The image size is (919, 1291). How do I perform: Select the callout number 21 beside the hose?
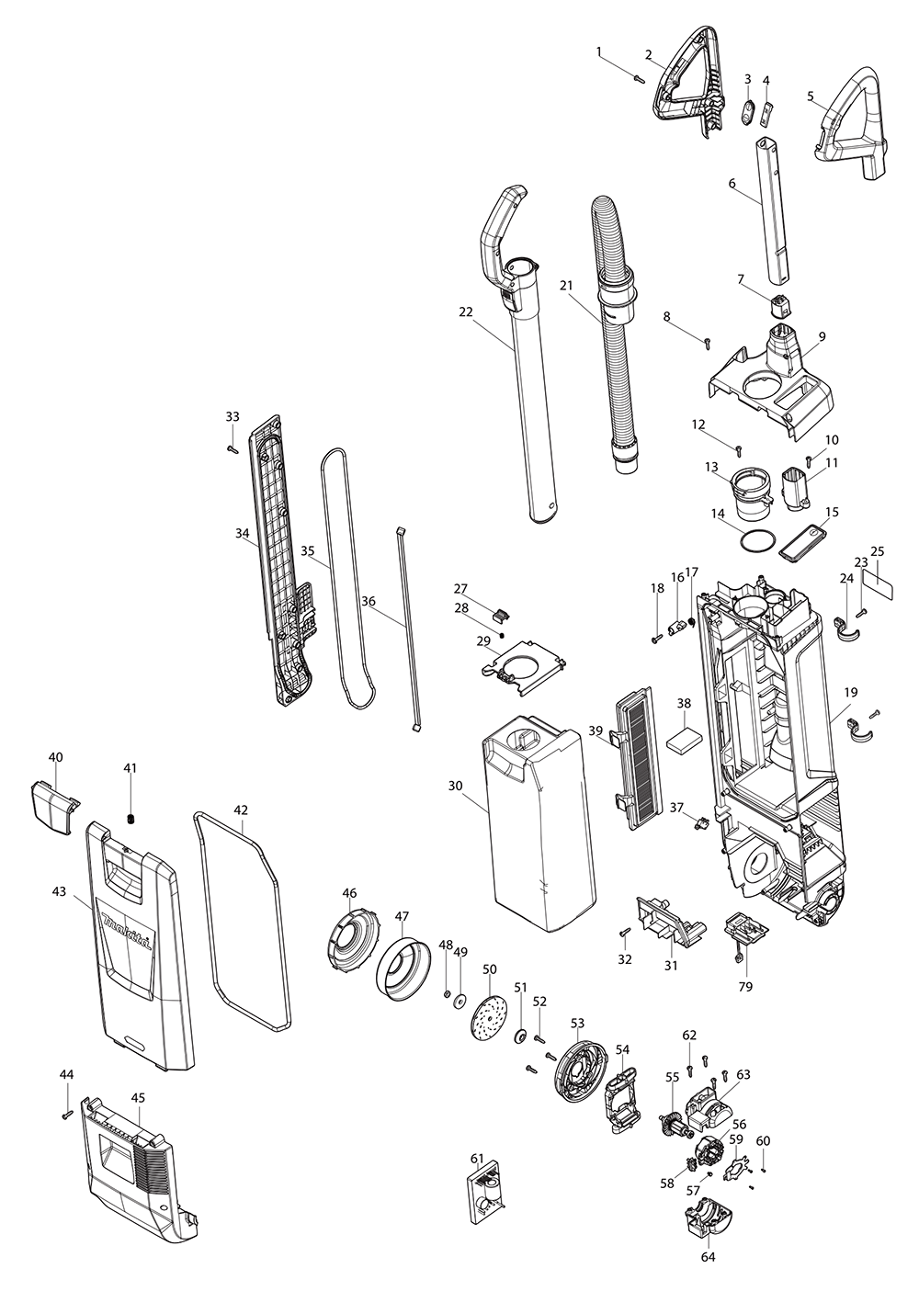tap(566, 286)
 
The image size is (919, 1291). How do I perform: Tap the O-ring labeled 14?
tap(754, 542)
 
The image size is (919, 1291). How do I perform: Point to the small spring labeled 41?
tap(130, 819)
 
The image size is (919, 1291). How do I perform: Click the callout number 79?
tap(745, 987)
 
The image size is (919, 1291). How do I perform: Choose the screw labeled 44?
tap(66, 1115)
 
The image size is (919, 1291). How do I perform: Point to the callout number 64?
tap(709, 1256)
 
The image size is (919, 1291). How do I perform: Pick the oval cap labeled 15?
tap(802, 542)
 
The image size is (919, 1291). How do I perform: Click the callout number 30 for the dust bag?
tap(456, 786)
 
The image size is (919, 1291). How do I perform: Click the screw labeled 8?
tap(708, 344)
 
